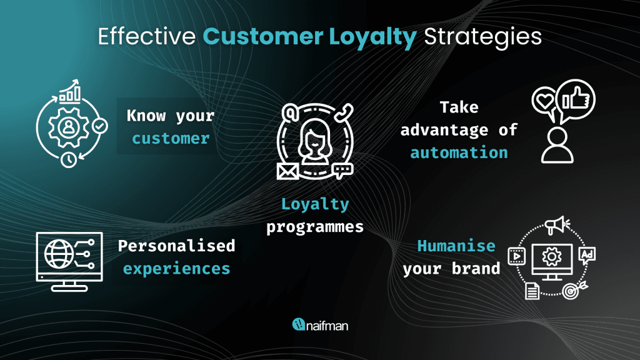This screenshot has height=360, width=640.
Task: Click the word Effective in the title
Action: [x=147, y=36]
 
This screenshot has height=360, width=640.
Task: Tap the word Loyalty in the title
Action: [x=373, y=37]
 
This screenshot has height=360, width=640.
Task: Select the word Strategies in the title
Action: [x=483, y=37]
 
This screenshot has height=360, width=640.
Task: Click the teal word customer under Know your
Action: [x=171, y=139]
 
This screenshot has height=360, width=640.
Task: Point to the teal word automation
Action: [x=459, y=152]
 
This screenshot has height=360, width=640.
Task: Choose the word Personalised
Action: [x=176, y=246]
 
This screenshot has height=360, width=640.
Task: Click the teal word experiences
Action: [x=176, y=269]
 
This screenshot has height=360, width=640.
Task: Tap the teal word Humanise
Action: [x=456, y=246]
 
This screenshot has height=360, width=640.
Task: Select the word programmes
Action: [x=315, y=227]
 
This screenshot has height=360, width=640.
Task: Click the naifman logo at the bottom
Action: [x=320, y=325]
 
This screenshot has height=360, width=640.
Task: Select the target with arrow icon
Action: [x=574, y=290]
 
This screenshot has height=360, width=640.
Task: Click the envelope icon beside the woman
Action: [x=287, y=171]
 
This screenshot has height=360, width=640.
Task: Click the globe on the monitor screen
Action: [x=59, y=254]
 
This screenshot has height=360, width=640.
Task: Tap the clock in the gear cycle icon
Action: [x=69, y=159]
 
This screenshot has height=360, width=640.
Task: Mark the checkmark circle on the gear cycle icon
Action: [x=100, y=126]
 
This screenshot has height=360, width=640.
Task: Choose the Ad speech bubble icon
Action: [x=587, y=256]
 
